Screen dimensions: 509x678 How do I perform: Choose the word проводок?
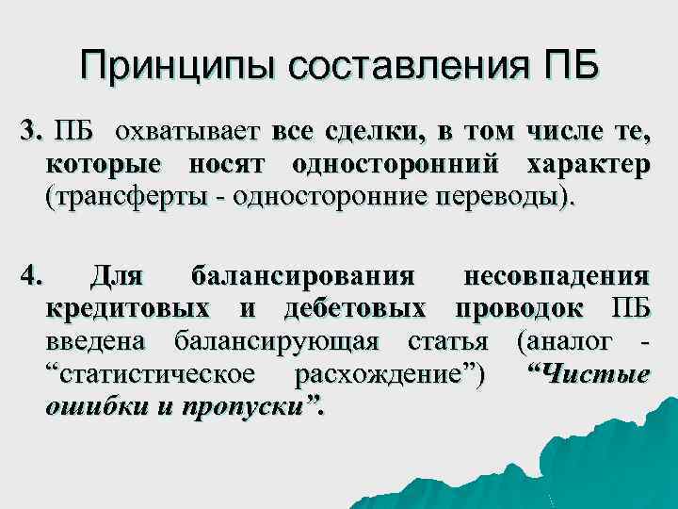tap(520, 309)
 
